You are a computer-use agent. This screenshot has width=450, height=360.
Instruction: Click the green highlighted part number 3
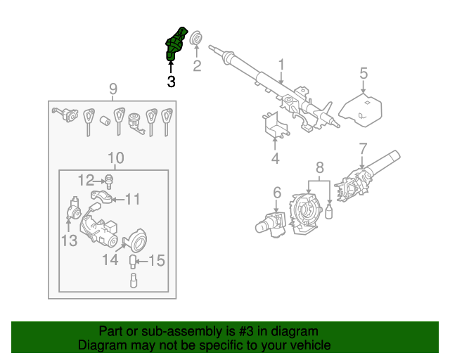(x=175, y=44)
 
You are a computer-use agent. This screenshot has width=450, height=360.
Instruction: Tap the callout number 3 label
(x=171, y=82)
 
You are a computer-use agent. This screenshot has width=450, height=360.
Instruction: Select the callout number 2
(x=197, y=67)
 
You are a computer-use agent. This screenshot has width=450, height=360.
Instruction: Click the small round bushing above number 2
(x=196, y=37)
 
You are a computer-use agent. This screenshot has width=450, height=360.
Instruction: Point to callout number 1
(x=281, y=66)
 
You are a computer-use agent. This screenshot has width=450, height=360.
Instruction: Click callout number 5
(x=364, y=72)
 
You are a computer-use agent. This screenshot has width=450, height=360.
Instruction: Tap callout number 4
(x=275, y=159)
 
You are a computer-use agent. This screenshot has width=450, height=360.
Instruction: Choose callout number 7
(x=363, y=149)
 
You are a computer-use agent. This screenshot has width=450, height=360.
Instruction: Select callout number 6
(x=277, y=192)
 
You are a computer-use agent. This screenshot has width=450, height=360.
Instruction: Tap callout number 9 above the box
(x=112, y=89)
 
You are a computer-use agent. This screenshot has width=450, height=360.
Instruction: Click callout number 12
(x=85, y=179)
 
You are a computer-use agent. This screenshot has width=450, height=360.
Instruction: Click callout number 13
(x=68, y=242)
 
